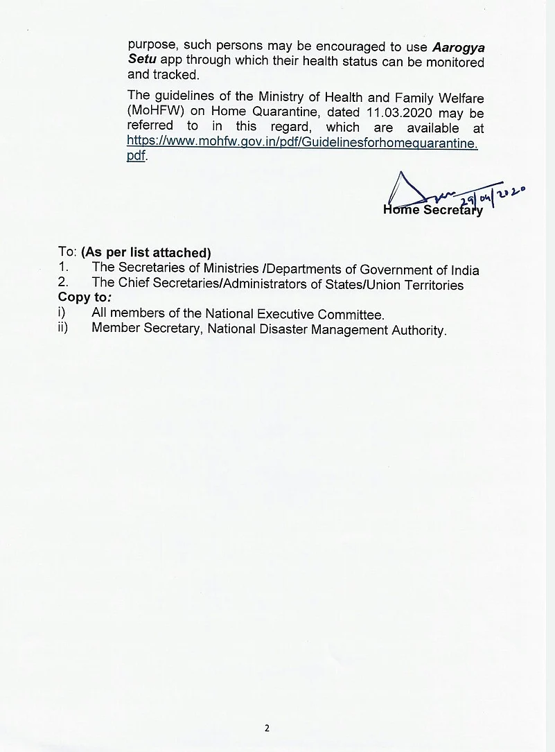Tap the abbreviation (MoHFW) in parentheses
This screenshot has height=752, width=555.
coord(153,112)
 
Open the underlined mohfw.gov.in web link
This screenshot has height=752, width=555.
coord(302,141)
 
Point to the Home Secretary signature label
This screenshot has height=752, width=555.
coord(432,210)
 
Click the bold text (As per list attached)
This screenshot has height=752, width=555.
coord(146,253)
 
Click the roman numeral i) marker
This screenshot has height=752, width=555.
coord(62,313)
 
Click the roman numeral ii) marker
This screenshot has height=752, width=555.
coord(63,328)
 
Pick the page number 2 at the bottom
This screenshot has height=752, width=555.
coord(267,728)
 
